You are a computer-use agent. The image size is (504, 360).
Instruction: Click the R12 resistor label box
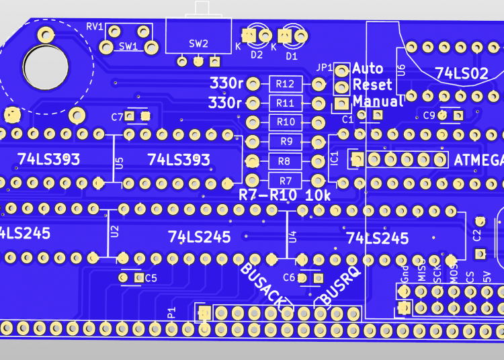[285, 84]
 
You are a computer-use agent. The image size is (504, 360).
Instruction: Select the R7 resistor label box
[285, 181]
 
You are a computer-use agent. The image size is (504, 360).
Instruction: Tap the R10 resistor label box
[285, 122]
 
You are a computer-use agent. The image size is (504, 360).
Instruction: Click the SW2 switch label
[198, 44]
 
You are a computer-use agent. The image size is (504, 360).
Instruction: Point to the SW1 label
[128, 46]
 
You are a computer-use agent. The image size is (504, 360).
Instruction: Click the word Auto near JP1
[368, 69]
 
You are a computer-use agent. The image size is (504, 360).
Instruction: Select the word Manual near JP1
[378, 102]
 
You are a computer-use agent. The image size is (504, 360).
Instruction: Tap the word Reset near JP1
[372, 85]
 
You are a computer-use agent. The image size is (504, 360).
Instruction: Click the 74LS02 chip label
[461, 73]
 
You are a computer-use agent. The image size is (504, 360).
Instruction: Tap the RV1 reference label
[95, 27]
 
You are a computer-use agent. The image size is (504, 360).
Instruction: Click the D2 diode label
[256, 56]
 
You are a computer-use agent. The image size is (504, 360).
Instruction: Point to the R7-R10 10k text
[285, 195]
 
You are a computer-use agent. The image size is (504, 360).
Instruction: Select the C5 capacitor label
[151, 277]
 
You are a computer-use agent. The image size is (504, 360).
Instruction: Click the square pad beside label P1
[204, 312]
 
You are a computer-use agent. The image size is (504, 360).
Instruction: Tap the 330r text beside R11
[225, 103]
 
